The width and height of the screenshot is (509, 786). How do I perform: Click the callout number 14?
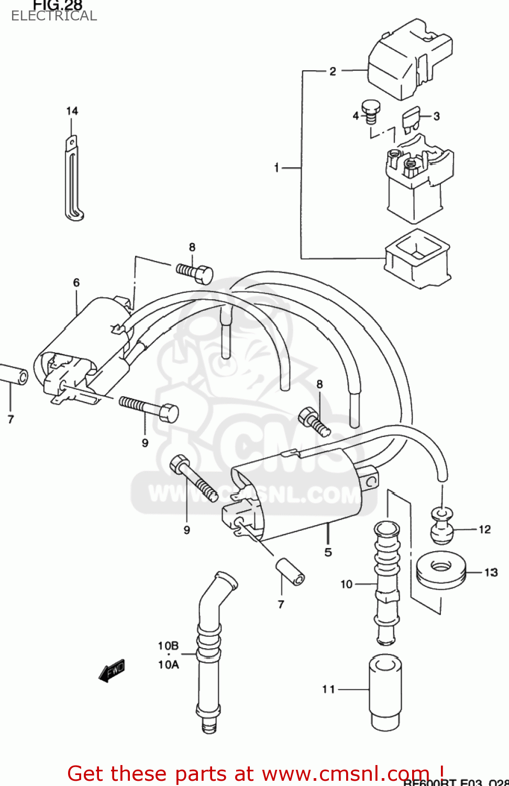coord(72,111)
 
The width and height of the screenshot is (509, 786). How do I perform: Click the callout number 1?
coord(276,168)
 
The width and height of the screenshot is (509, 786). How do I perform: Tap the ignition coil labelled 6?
coord(84,346)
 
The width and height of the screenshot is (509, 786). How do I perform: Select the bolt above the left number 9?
coord(150,408)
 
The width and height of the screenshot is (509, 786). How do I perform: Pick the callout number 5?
coord(328,552)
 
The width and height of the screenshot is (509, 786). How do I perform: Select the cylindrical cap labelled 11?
coord(386,692)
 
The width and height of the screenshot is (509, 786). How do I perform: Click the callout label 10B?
coord(168,646)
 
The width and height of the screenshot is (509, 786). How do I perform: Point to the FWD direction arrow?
coord(112,671)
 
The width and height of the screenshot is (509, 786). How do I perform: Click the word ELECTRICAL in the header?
coord(54,16)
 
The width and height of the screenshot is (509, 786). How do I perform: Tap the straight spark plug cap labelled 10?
coord(387,582)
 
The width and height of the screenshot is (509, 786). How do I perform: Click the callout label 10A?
coord(168,664)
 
